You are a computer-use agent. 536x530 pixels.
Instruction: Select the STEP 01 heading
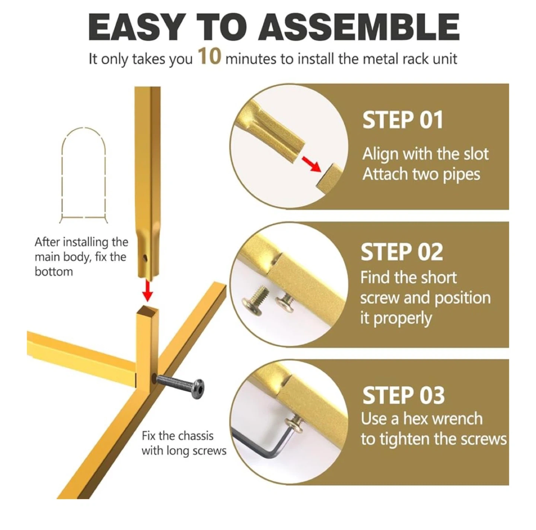coord(402,120)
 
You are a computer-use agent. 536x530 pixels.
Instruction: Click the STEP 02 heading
coord(402,252)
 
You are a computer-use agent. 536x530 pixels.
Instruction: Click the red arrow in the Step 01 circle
coord(311,164)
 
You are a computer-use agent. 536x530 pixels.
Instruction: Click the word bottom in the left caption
coord(54,272)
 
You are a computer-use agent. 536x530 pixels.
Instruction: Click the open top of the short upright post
coord(147,309)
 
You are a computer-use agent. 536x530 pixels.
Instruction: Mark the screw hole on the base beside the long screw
coord(154,378)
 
